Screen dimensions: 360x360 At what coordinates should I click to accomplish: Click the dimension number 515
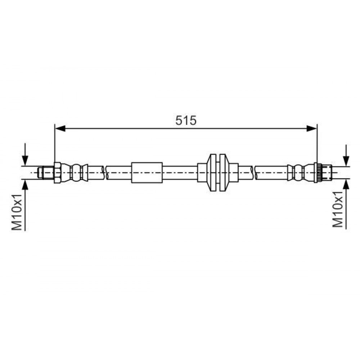(186, 121)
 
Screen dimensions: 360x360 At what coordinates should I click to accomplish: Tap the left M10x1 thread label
(17, 212)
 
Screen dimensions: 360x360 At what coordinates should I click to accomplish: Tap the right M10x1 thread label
(338, 210)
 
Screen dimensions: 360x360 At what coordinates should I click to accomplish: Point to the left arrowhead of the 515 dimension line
(60, 129)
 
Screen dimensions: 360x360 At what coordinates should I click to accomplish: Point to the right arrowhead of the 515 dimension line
(311, 129)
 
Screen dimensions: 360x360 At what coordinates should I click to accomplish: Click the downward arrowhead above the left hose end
(25, 161)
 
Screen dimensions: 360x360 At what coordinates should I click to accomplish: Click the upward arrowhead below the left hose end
(25, 184)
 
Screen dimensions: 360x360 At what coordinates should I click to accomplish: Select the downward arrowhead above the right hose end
(346, 161)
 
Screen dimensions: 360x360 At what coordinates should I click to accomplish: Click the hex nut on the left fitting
(57, 173)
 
